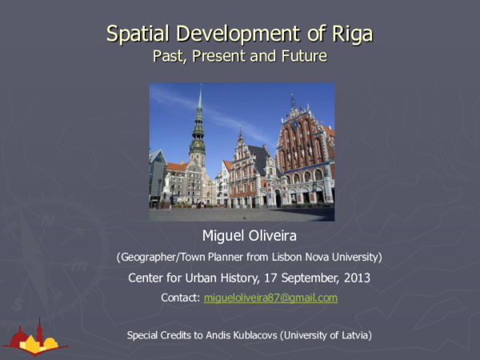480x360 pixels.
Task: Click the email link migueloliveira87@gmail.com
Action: (x=270, y=298)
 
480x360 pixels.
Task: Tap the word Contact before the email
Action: (x=179, y=298)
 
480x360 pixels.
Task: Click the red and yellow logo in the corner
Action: (x=35, y=337)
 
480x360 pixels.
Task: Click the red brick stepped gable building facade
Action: (x=304, y=160)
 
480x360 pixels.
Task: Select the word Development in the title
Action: (x=239, y=34)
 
